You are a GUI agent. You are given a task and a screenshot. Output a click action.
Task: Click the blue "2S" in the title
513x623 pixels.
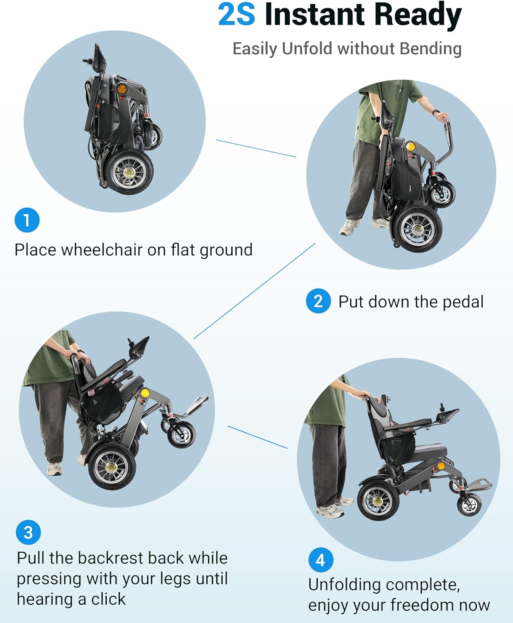click(237, 14)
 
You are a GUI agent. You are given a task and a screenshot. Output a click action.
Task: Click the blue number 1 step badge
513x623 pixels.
click(27, 220)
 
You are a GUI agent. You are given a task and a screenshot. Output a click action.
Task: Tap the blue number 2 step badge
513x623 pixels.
click(318, 301)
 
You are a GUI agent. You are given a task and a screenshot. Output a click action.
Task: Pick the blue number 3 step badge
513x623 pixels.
click(28, 532)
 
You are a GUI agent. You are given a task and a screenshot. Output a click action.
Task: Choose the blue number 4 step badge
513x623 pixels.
click(321, 560)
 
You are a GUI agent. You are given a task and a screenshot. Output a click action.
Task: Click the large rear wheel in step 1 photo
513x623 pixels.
click(129, 172)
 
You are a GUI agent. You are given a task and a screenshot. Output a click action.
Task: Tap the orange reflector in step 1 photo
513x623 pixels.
click(121, 89)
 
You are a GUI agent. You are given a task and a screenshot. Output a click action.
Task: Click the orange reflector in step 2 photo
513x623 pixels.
click(411, 147)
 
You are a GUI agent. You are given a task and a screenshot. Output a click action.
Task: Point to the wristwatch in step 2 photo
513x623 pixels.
click(436, 112)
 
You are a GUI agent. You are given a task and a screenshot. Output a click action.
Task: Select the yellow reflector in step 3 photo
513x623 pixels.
click(145, 393)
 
